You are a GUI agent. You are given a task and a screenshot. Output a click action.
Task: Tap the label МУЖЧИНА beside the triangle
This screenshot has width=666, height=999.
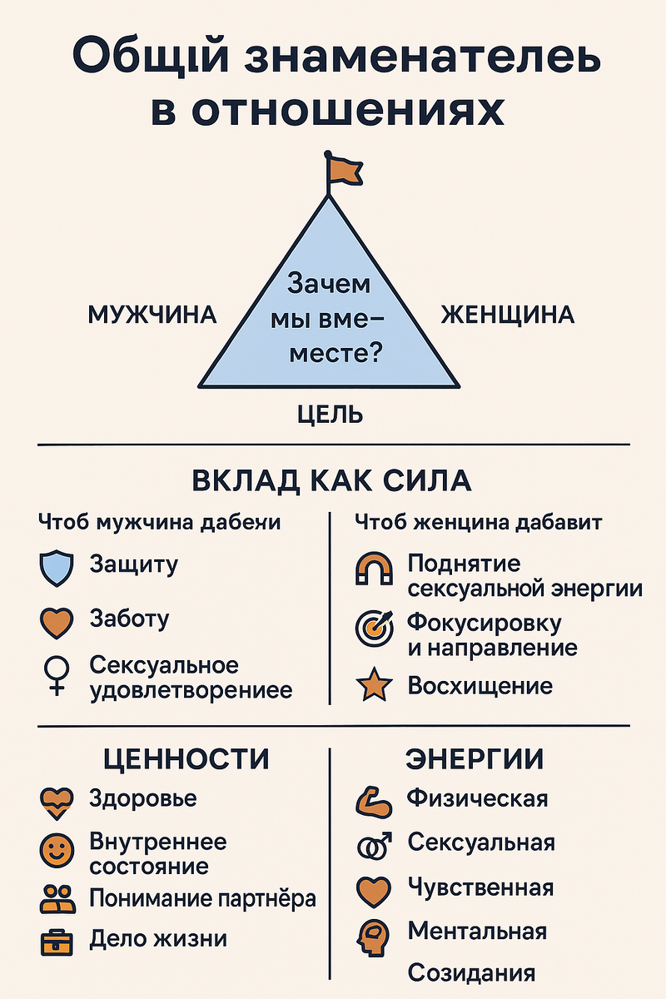[152, 316]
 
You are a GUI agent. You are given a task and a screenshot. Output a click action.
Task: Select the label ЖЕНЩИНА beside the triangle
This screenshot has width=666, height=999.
[507, 316]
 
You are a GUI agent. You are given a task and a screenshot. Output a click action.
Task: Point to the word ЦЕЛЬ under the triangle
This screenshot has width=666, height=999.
[330, 414]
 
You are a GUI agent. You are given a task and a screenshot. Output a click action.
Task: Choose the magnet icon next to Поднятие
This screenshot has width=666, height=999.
[373, 569]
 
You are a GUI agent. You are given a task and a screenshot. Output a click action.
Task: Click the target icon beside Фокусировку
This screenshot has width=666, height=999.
[373, 629]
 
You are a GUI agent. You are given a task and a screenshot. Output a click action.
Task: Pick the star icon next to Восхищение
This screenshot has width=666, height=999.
[373, 687]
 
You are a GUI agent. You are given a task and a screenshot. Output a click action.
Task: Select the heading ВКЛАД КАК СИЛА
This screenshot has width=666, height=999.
[331, 482]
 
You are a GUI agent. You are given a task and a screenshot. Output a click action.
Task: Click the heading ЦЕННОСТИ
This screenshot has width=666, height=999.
[186, 759]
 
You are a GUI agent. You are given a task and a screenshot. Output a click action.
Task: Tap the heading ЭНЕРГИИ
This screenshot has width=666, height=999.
[475, 759]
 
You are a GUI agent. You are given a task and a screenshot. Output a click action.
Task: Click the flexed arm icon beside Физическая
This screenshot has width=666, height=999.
[373, 800]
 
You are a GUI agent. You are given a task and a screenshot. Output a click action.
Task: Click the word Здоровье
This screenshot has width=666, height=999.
[143, 799]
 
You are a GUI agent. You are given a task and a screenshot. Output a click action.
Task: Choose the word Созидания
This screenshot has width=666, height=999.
[471, 973]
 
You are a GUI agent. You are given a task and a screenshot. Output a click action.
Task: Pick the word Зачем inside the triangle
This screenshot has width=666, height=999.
[329, 284]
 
